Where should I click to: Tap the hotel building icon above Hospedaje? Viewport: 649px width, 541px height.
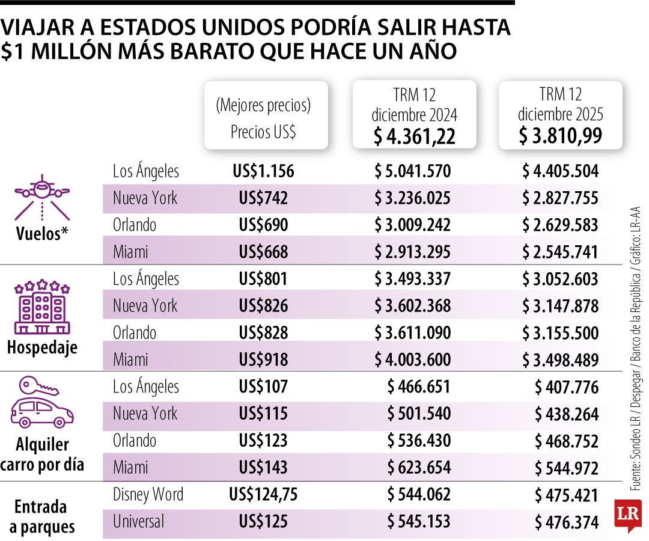point(42,307)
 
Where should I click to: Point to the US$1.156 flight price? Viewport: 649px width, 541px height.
point(263,171)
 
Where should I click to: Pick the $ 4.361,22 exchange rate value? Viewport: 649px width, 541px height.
point(414,136)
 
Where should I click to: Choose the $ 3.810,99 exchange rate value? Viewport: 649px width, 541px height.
point(561,136)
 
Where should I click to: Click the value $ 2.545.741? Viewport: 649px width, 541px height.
point(560,252)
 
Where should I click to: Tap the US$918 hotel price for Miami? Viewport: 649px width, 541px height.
point(263,360)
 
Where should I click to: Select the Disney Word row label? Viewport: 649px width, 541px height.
point(148,495)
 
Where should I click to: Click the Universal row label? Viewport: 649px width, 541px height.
point(138,521)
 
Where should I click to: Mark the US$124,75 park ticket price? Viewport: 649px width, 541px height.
point(263,495)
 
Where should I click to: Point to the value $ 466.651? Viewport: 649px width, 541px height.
point(419,387)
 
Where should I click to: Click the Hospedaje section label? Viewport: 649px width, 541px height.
point(42,347)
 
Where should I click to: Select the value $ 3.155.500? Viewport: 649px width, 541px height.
point(560,333)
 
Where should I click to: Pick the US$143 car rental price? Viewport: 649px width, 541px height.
point(263,468)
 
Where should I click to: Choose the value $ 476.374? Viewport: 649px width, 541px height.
point(567,522)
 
